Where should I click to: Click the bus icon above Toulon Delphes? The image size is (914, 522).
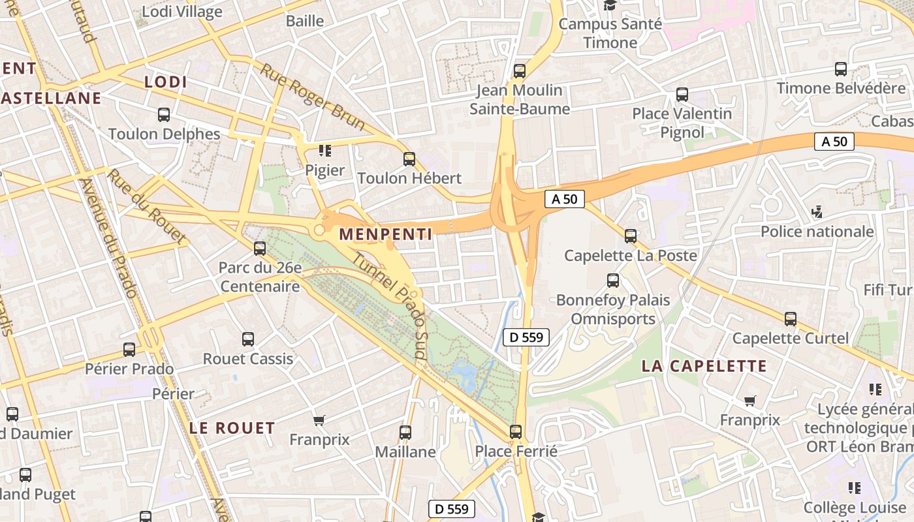(x=164, y=115)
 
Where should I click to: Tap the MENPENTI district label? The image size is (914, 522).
(x=385, y=234)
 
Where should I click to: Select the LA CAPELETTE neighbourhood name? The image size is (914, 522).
(x=704, y=366)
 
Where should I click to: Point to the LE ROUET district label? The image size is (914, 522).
(x=232, y=428)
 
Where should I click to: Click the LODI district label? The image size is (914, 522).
(x=165, y=82)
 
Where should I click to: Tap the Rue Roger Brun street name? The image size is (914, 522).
(x=304, y=96)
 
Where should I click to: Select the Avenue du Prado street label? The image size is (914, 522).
(x=108, y=238)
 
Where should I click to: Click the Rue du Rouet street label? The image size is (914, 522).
(x=146, y=206)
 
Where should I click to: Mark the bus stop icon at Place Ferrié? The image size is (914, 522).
(x=516, y=431)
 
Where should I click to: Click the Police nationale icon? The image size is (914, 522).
(x=816, y=211)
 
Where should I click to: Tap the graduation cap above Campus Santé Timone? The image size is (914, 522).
(x=610, y=5)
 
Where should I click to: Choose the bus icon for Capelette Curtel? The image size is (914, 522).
(x=791, y=319)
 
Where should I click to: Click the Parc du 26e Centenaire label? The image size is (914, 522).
(x=260, y=277)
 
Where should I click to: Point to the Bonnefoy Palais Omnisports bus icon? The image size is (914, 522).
(x=613, y=281)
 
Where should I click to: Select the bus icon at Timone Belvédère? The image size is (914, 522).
(x=841, y=69)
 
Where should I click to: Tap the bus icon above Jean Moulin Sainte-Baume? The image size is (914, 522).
(x=520, y=71)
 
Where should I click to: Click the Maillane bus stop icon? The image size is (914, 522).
(x=405, y=432)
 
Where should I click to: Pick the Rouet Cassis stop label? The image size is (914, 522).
(x=247, y=359)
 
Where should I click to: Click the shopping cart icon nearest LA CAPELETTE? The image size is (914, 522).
(x=749, y=401)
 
